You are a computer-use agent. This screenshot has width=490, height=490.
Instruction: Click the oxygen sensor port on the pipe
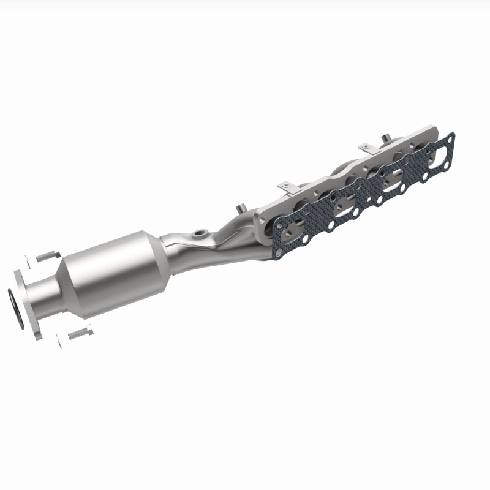tap(199, 235)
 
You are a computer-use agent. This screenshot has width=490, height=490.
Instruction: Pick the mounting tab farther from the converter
tap(366, 148)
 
